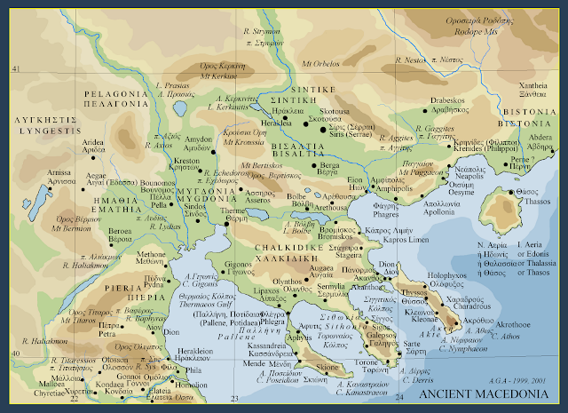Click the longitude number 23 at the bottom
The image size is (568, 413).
pyautogui.click(x=233, y=400)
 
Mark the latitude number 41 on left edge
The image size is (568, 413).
pyautogui.click(x=15, y=68)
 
